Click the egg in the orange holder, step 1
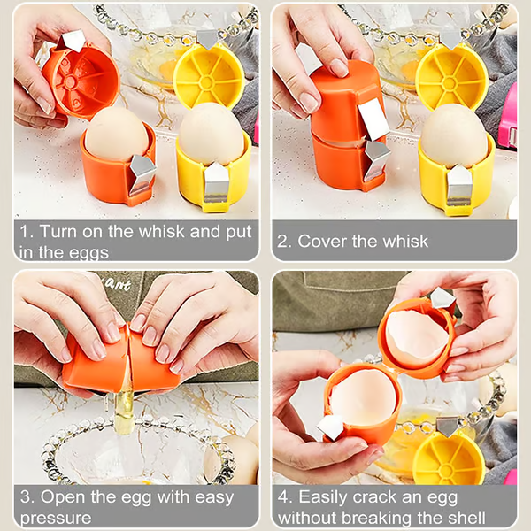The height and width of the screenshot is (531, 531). click(116, 135)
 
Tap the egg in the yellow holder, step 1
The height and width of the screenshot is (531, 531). click(212, 135)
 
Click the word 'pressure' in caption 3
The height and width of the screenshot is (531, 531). click(55, 518)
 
